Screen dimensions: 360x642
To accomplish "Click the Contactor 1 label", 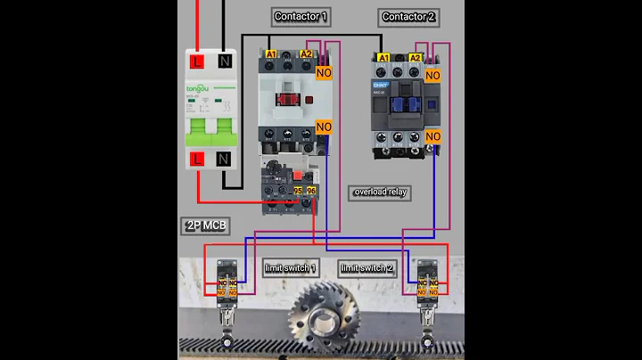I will [x=300, y=17].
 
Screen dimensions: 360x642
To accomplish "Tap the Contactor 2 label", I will [x=408, y=17].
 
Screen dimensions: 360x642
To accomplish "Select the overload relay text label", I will [x=381, y=192].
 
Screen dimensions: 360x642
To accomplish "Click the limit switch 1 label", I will [x=290, y=267].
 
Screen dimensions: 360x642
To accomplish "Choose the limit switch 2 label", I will [x=366, y=267].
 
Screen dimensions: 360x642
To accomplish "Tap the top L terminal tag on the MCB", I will [x=197, y=61].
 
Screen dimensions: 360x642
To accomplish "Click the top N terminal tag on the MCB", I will [x=223, y=61].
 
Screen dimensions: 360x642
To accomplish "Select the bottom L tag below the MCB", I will [x=197, y=160].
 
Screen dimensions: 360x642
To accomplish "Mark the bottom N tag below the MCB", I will [x=223, y=160].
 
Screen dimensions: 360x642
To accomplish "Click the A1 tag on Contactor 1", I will [x=270, y=54].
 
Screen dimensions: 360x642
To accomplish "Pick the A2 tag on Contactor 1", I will [x=306, y=54].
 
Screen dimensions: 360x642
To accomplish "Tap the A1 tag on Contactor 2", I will [x=383, y=59].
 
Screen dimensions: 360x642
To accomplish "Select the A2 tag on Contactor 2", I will [x=414, y=59].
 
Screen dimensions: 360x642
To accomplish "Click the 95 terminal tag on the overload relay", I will [x=297, y=192].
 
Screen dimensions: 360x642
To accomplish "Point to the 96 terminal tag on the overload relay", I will [x=310, y=192].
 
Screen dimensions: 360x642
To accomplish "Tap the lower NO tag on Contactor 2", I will [x=432, y=135].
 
